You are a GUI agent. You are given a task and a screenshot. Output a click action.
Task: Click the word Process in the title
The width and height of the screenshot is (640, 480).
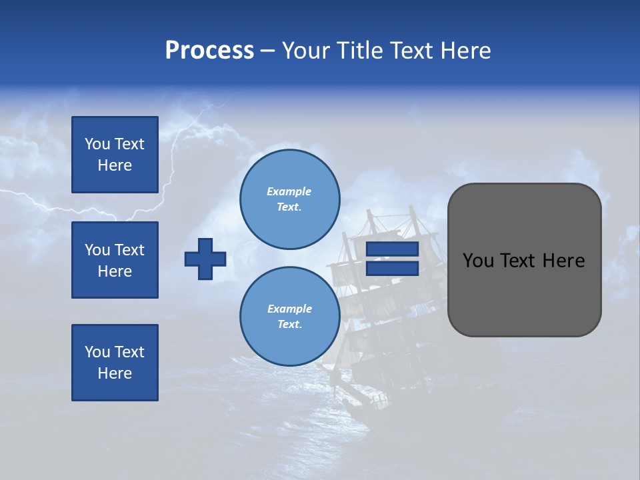click(x=209, y=51)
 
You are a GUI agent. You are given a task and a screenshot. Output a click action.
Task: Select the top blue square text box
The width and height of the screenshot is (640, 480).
click(x=115, y=155)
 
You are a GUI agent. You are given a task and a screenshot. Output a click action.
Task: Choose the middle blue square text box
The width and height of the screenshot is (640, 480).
click(x=115, y=260)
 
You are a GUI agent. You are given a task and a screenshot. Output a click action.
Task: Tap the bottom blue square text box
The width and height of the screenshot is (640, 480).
click(x=115, y=363)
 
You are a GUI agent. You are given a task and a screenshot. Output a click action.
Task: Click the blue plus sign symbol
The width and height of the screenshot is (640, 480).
click(x=205, y=259)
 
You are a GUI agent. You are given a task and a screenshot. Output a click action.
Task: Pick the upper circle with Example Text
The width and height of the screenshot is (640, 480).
click(x=289, y=199)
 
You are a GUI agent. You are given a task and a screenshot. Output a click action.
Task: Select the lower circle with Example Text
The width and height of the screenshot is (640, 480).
click(x=289, y=317)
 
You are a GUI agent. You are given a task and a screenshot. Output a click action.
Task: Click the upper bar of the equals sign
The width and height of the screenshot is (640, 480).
click(x=392, y=249)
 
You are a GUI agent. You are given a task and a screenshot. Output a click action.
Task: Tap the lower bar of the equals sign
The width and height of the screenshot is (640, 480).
click(x=392, y=269)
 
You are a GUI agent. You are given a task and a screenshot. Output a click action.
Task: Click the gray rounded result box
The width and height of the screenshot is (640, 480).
click(x=524, y=293)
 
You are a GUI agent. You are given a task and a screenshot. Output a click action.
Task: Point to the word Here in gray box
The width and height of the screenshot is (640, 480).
click(x=563, y=261)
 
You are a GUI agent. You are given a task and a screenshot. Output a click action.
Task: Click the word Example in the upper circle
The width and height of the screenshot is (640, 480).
click(x=289, y=191)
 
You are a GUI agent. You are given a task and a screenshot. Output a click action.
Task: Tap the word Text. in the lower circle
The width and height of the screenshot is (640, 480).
click(x=289, y=325)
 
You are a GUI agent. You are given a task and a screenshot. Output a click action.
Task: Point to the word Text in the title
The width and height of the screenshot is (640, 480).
click(x=411, y=51)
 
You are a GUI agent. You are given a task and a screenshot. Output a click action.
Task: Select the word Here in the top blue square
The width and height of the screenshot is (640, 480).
click(x=115, y=165)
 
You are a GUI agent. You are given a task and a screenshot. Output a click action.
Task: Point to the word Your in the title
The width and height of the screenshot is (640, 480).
click(x=306, y=51)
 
